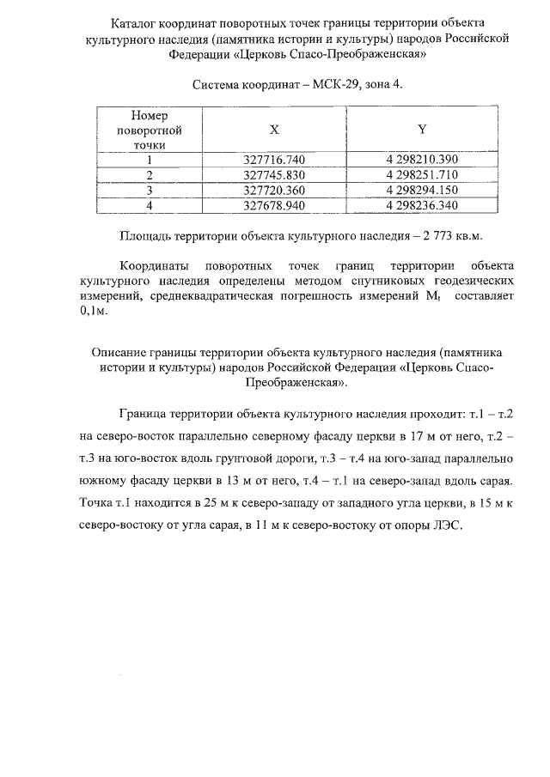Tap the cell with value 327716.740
pos(274,160)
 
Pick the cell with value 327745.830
pos(274,175)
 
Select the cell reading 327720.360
pos(274,190)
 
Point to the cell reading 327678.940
pos(274,205)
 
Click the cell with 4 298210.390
pos(422,160)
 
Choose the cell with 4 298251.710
pos(422,175)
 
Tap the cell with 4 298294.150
pos(422,190)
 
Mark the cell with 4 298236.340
pos(422,205)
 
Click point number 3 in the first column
pos(149,190)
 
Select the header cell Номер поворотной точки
pos(149,130)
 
